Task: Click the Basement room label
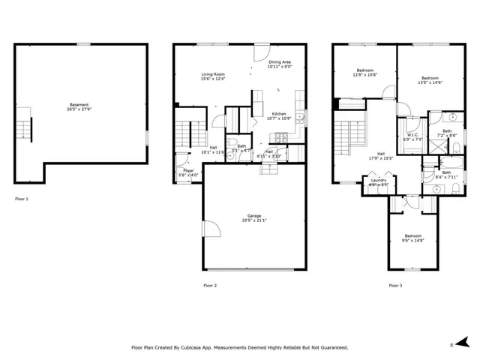[79, 105]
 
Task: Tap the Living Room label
[213, 74]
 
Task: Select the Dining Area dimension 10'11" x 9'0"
[279, 67]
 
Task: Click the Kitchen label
[279, 114]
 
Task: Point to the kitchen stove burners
[281, 137]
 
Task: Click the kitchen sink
[299, 118]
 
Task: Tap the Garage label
[255, 215]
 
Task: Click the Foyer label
[189, 171]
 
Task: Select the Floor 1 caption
[21, 199]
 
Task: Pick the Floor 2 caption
[210, 286]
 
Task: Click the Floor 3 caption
[394, 286]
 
